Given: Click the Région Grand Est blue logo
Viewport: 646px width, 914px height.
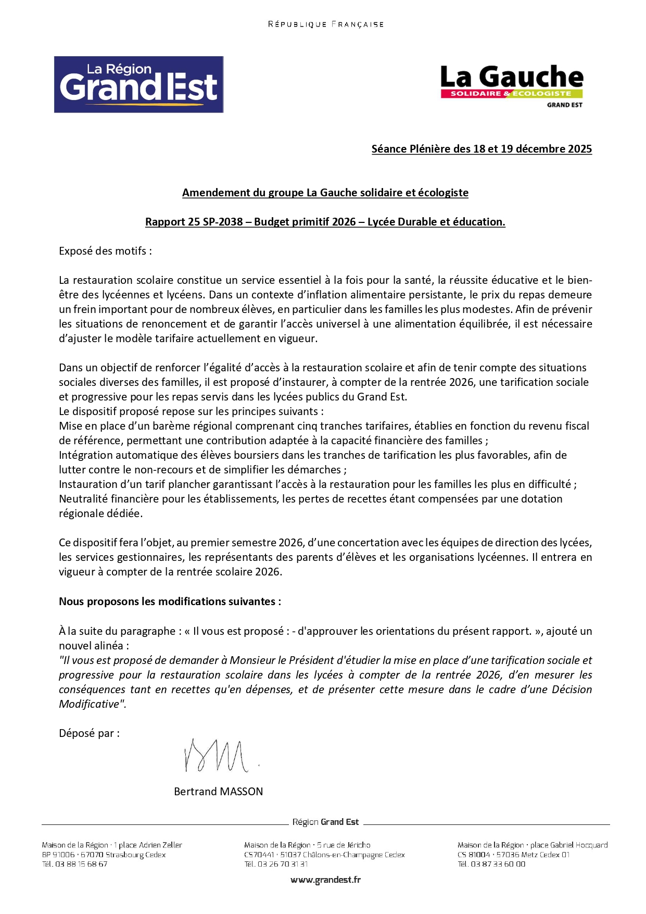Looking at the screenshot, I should click(138, 84).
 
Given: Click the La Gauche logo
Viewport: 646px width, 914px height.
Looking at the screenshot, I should click(512, 86).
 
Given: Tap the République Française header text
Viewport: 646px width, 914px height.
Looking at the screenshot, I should click(326, 24).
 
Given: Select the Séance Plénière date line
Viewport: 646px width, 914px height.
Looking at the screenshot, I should click(482, 149).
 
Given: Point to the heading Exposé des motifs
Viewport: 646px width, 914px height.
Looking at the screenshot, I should click(105, 251).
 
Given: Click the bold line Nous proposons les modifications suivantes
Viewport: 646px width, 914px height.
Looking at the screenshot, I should click(170, 602).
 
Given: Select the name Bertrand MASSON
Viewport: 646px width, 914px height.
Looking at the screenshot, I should click(218, 792).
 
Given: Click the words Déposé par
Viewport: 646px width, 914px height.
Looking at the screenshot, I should click(89, 733).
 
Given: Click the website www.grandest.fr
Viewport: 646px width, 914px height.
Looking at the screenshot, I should click(325, 880).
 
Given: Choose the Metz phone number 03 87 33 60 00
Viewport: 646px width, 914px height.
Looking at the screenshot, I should click(498, 864).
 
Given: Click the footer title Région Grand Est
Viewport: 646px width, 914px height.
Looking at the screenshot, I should click(325, 822).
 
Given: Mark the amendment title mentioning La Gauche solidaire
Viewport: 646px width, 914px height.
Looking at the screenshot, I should click(325, 193).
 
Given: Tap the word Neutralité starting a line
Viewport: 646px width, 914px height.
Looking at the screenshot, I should click(82, 499).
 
